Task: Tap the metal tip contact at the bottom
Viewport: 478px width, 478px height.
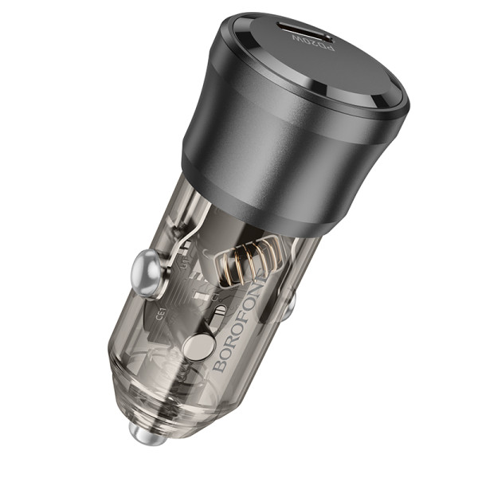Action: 141,434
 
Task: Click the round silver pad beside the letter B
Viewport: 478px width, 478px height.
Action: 198,347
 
